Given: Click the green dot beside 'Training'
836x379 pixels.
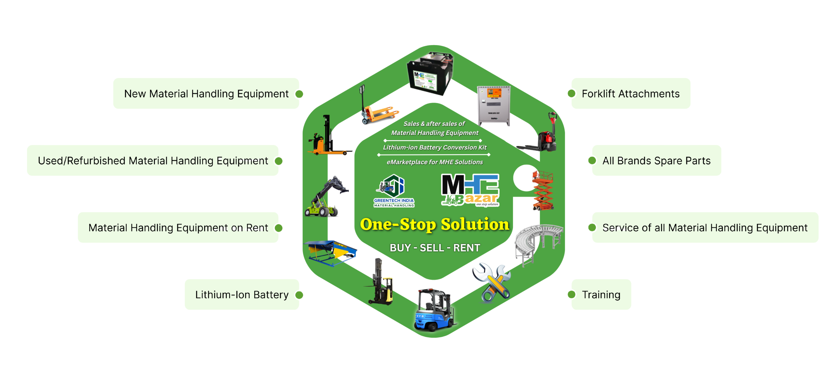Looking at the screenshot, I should tap(571, 295).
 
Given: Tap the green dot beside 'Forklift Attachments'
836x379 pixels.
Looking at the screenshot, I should tap(571, 94).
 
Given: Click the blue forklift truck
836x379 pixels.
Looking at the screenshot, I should tap(433, 310).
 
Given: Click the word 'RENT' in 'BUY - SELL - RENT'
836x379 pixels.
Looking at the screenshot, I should tap(466, 248).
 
